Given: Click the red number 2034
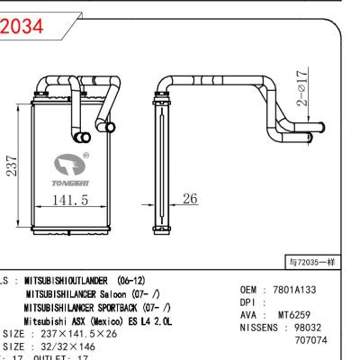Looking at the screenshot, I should pyautogui.click(x=22, y=28).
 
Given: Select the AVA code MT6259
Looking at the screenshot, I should pyautogui.click(x=294, y=315).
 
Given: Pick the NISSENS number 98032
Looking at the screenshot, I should pyautogui.click(x=328, y=328).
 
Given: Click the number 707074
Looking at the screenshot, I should pyautogui.click(x=311, y=341).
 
